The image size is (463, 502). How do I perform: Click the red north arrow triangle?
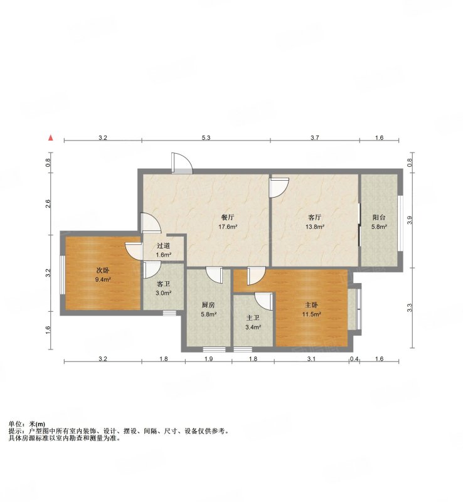point(50,138)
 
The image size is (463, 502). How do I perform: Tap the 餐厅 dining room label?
point(228,217)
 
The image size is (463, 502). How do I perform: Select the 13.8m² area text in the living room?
point(315,227)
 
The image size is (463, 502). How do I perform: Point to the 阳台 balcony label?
point(379,217)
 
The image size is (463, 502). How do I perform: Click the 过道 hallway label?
point(163,246)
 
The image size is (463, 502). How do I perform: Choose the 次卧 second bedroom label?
point(103,270)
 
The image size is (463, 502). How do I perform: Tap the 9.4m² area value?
point(103,279)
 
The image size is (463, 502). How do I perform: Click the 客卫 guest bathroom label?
point(163,284)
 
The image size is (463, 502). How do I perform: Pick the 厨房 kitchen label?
point(208,305)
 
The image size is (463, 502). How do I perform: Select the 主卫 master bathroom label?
point(253,318)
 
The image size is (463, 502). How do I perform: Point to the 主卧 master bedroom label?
point(311,305)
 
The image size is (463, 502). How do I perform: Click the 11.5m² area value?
point(312,314)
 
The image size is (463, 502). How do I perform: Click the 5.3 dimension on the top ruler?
point(206,138)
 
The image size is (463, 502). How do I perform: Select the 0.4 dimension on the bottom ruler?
point(354,359)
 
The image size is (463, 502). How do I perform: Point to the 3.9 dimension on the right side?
point(410,220)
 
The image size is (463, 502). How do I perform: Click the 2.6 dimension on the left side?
point(48,203)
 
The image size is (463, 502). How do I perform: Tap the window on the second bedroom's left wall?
point(63,275)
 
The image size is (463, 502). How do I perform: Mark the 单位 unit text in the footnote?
point(15,424)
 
